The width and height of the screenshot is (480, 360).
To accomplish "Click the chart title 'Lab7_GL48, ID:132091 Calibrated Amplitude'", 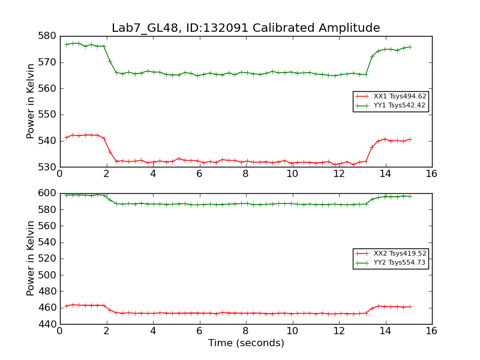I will click(x=245, y=28).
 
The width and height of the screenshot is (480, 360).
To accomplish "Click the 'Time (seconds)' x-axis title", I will click(x=246, y=343).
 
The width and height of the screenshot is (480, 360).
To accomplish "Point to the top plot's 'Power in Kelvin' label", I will click(x=31, y=101).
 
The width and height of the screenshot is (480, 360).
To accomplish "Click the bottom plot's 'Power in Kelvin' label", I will click(x=31, y=259).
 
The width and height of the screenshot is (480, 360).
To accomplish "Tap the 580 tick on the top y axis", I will click(x=49, y=36).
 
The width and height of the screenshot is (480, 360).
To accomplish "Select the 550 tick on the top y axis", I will click(x=49, y=115).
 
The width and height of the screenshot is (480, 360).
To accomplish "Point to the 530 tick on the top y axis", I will click(x=49, y=167).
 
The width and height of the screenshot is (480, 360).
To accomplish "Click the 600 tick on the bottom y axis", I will click(x=49, y=193).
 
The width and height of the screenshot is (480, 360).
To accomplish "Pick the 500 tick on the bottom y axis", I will click(x=49, y=275).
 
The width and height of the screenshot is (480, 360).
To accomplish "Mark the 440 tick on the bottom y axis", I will click(x=49, y=324).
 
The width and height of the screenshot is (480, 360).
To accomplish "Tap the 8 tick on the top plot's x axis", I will click(x=245, y=174).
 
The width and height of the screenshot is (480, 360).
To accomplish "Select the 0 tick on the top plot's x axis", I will click(x=59, y=174).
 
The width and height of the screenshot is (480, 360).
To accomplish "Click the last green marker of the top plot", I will click(x=410, y=47).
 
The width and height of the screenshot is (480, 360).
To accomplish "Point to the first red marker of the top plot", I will click(x=66, y=137).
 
